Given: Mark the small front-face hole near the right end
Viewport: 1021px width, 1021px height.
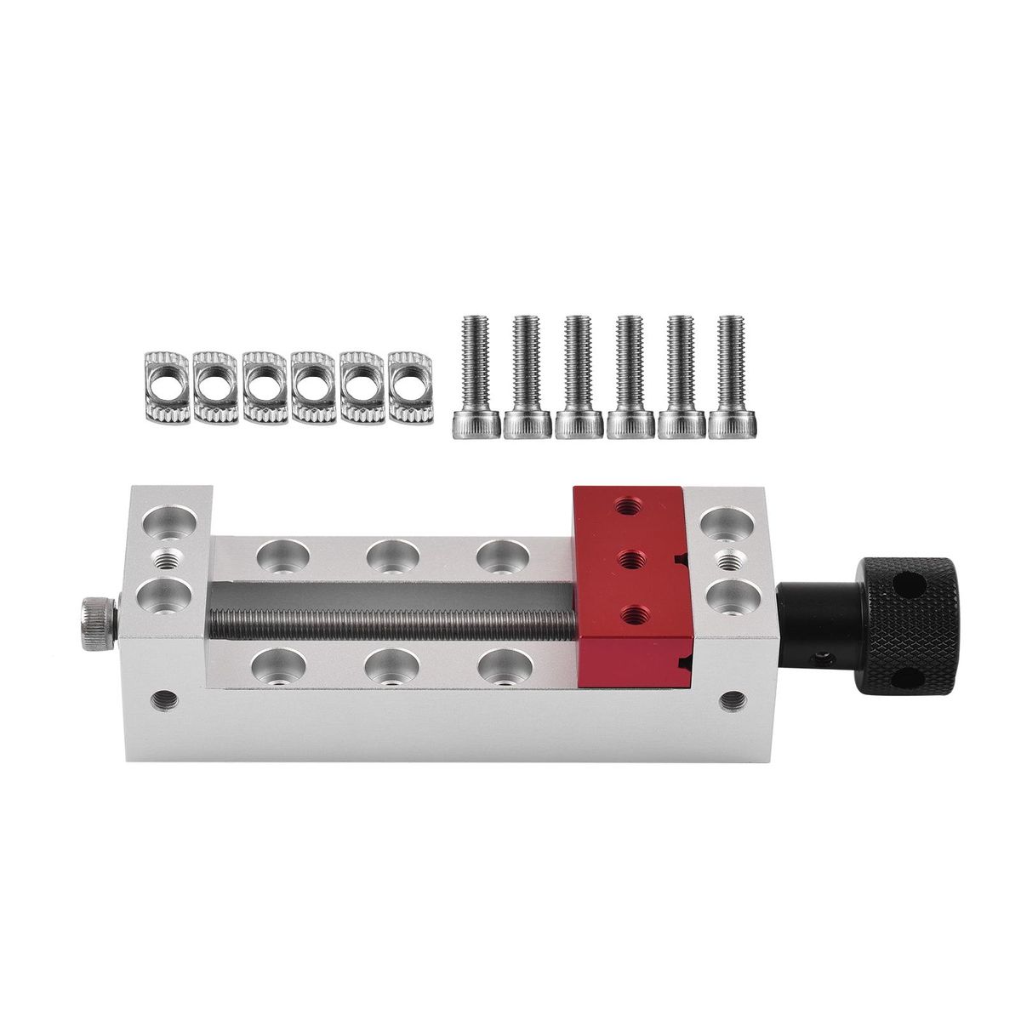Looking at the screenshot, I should (x=731, y=700).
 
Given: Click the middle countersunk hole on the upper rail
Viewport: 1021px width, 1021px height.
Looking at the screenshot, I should (x=391, y=556).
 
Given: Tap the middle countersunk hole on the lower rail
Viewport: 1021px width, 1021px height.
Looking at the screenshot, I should (x=391, y=666).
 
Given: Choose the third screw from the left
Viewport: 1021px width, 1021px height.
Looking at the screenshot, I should (x=579, y=375).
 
